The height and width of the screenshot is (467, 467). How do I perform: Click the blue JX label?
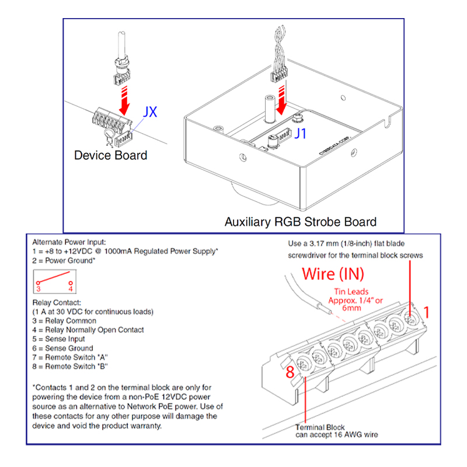point(150,112)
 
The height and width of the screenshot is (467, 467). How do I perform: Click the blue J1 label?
point(300,134)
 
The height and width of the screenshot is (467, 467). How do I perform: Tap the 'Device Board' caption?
point(110,155)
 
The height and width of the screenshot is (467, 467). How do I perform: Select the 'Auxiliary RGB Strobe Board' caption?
point(300,222)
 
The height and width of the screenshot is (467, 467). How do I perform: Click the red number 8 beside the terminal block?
point(289,372)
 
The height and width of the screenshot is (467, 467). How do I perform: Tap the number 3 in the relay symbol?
point(38,288)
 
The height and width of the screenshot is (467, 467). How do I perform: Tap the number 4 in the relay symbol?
point(70,288)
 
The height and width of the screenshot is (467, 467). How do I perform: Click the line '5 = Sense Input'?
point(59,339)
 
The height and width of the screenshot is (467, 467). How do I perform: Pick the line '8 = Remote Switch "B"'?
point(71,366)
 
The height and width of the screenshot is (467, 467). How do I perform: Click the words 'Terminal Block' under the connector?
point(319,427)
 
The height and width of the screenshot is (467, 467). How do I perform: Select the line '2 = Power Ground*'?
point(64,260)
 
